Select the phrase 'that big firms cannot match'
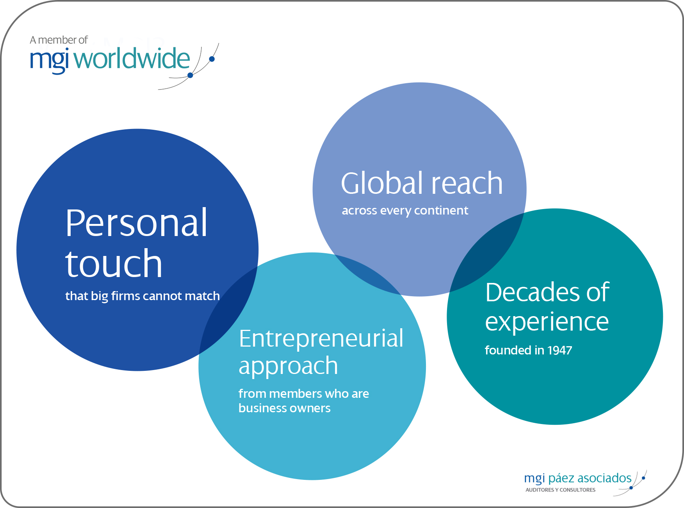coord(142,296)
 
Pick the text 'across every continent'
coord(405,211)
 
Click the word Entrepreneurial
coord(321,338)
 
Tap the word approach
coord(288,367)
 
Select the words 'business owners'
coord(285,408)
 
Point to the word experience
coord(547,323)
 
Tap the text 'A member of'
coord(59,40)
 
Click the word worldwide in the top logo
coord(132,59)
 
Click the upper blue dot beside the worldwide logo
coord(212,59)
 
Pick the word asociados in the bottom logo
coord(604,478)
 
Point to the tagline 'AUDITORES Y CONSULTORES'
coord(560,490)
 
